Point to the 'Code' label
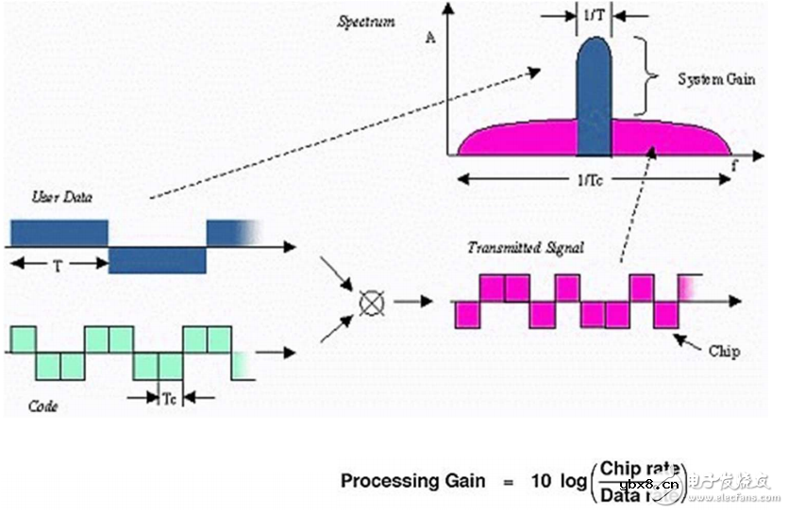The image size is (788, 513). pyautogui.click(x=43, y=406)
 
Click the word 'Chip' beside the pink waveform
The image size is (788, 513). pyautogui.click(x=723, y=351)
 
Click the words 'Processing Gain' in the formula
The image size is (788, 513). pyautogui.click(x=412, y=481)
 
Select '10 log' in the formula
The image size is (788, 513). pyautogui.click(x=555, y=481)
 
